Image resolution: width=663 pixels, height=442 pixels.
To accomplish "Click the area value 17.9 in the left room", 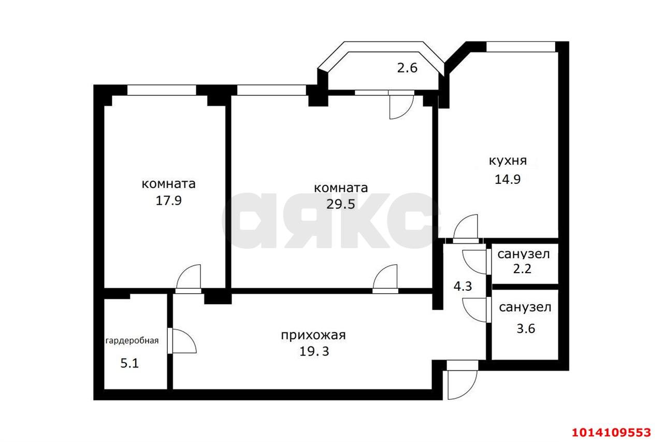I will click(168, 201).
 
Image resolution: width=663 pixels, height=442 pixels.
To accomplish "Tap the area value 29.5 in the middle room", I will click(340, 204).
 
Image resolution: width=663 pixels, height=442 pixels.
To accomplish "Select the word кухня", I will click(508, 161).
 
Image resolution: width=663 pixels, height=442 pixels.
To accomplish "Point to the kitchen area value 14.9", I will click(508, 179).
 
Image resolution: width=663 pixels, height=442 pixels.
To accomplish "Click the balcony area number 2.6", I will click(407, 67).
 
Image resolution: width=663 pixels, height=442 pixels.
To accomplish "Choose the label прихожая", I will click(313, 335).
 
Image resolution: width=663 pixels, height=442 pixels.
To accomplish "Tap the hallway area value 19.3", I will click(314, 351).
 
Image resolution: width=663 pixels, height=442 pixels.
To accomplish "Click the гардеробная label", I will click(132, 340).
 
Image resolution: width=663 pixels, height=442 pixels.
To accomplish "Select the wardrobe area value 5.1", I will click(129, 363).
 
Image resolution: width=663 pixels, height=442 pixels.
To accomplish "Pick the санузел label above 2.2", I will click(524, 254).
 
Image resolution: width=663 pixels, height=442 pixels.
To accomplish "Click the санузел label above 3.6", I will click(525, 307).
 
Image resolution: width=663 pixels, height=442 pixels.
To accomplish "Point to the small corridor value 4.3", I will click(463, 286).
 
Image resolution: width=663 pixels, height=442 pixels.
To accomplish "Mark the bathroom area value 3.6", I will click(525, 329).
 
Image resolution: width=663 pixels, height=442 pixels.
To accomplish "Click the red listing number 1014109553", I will click(611, 432).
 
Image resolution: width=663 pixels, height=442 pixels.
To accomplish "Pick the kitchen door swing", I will click(466, 229).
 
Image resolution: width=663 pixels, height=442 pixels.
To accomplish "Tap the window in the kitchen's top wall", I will click(521, 47).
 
